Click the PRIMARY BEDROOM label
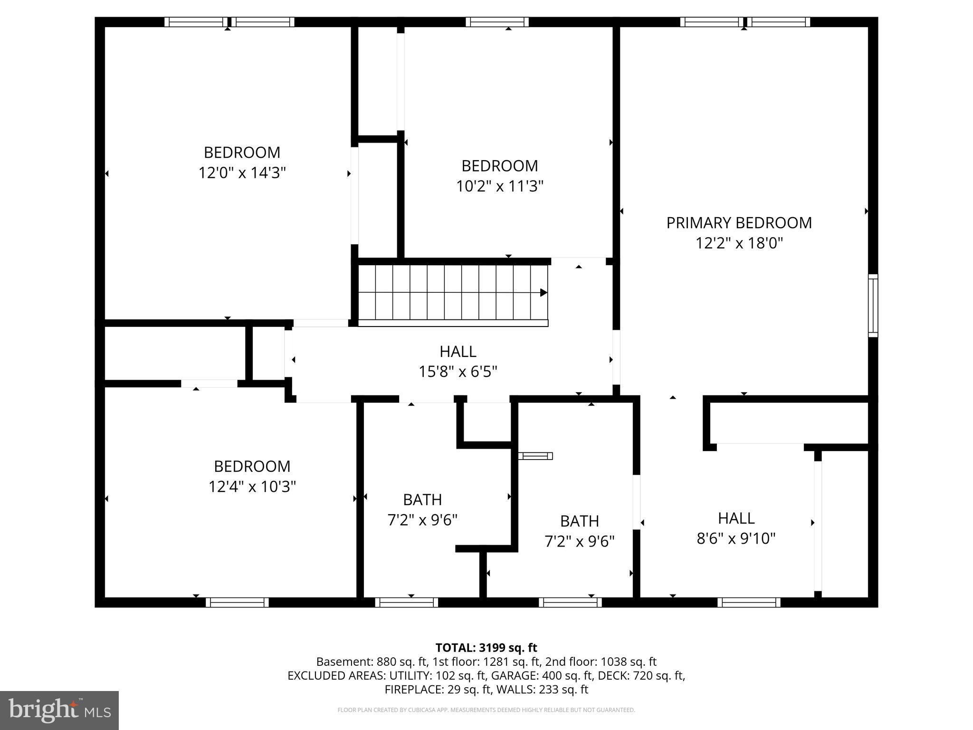[739, 223]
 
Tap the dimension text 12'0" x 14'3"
[242, 173]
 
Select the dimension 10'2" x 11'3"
[499, 186]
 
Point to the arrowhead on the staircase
[544, 293]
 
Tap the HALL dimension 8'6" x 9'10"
[736, 538]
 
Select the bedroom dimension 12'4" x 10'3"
[252, 487]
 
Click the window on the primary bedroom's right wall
[873, 306]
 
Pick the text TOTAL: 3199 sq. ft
[486, 648]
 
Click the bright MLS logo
[59, 710]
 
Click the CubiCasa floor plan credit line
[486, 710]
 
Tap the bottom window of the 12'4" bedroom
[237, 603]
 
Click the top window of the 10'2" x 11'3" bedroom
[497, 22]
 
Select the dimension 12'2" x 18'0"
[739, 243]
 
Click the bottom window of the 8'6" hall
[749, 603]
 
